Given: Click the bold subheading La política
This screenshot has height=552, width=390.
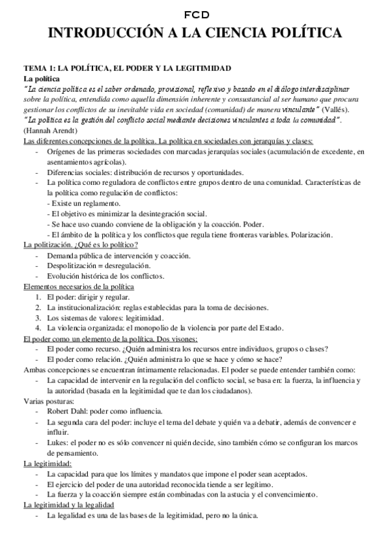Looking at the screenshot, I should [x=41, y=78].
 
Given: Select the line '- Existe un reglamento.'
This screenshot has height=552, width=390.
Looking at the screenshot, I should [x=83, y=204].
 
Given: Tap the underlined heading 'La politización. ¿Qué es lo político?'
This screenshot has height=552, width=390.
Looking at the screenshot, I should [x=80, y=245].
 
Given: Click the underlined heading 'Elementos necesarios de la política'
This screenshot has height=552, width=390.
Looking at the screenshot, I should [x=78, y=286].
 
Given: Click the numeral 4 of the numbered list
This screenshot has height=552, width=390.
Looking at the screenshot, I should [x=38, y=328].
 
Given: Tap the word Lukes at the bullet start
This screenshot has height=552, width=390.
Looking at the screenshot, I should [x=57, y=443].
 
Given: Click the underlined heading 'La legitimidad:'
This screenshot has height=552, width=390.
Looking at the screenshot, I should [x=48, y=463].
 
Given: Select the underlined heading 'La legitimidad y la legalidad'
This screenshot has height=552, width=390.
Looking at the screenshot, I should [x=68, y=505].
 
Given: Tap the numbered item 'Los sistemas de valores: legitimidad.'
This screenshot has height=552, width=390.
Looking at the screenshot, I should [x=104, y=318].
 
